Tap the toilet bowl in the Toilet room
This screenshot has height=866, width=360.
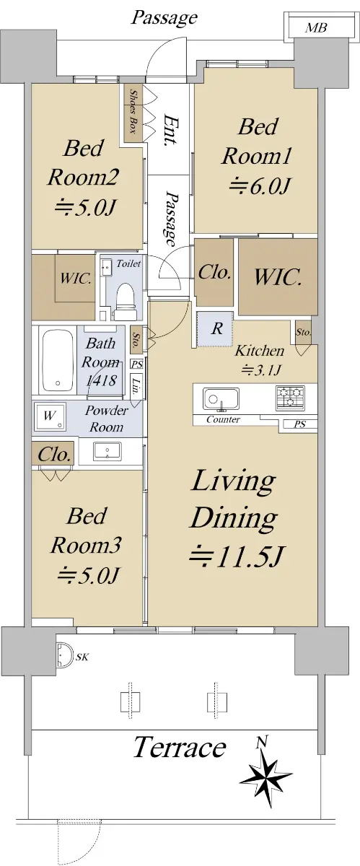point(126,298)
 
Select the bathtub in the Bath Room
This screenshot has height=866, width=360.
point(58,360)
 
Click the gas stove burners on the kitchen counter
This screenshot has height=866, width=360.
point(290,398)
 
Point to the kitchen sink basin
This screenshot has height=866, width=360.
point(221,399)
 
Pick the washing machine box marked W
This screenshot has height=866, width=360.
point(50,416)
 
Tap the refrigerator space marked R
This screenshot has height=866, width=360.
point(215,329)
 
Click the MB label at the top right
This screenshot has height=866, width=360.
point(316,28)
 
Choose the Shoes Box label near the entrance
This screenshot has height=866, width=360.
point(133,112)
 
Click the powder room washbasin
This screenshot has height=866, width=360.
point(107,451)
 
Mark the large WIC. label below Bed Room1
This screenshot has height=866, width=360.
point(277,277)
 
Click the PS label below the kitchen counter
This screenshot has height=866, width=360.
point(299,424)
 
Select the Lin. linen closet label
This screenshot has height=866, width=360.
point(136,387)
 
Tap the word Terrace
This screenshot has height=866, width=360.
point(179,747)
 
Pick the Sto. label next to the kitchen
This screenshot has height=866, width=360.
point(304,332)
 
